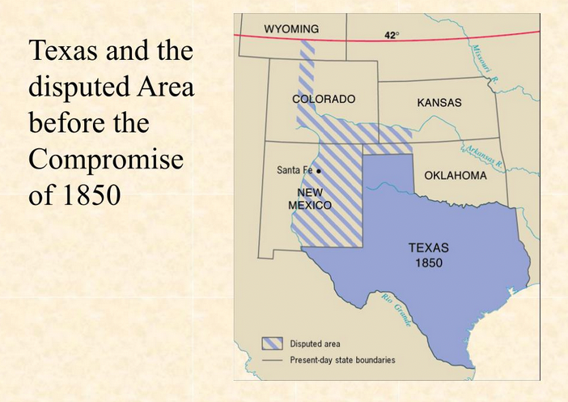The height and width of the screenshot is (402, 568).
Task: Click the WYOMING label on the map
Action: click(291, 29)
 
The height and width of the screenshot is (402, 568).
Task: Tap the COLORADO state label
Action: click(323, 99)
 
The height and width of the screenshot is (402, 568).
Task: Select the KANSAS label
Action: click(439, 103)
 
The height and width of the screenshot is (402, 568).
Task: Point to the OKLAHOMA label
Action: click(456, 176)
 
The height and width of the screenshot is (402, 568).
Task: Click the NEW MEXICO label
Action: click(310, 199)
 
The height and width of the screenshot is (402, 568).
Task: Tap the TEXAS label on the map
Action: click(428, 248)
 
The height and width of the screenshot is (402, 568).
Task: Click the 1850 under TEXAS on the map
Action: click(428, 263)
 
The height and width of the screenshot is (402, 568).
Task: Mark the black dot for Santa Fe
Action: click(319, 170)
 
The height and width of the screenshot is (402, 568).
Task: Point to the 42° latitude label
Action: click(392, 36)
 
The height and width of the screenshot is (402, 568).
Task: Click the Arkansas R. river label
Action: click(484, 156)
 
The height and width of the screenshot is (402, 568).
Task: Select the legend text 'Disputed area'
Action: click(316, 344)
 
